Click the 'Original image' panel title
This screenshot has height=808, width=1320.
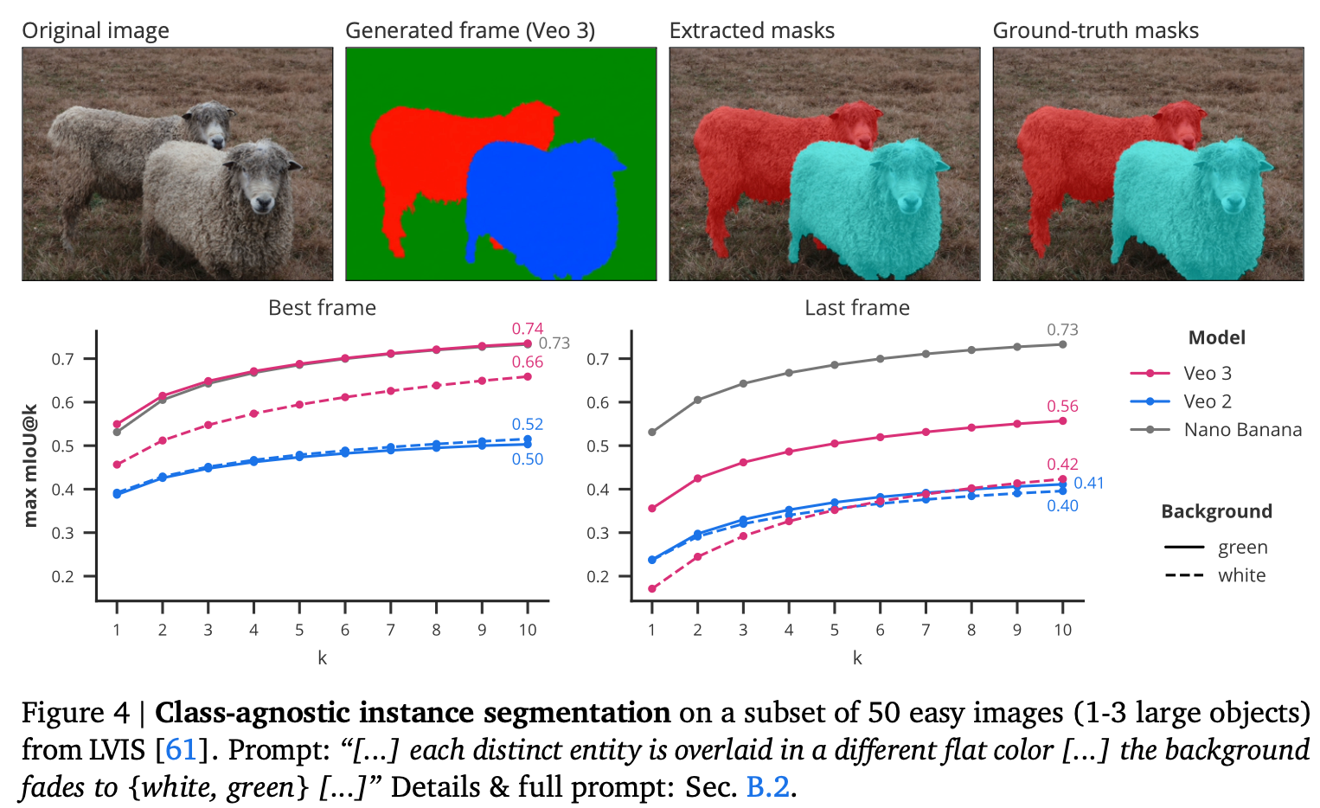click(95, 31)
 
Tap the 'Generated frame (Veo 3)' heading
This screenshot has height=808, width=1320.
click(470, 31)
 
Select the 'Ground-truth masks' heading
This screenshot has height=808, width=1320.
click(1095, 31)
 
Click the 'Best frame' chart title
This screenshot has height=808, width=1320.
click(322, 308)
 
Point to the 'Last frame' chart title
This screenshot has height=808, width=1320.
click(856, 308)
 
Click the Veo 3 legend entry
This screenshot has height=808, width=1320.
click(1207, 373)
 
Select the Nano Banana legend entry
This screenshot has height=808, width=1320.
click(1242, 430)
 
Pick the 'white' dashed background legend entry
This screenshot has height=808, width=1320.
click(1241, 575)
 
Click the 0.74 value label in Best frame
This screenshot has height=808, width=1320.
click(527, 329)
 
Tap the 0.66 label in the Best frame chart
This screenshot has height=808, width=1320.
click(527, 362)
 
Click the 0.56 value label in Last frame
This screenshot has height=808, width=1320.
click(1062, 406)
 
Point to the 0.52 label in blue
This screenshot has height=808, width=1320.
click(527, 424)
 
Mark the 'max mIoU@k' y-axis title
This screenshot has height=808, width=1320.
click(31, 465)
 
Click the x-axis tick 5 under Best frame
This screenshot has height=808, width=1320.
click(299, 630)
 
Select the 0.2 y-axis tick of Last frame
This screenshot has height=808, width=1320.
click(598, 576)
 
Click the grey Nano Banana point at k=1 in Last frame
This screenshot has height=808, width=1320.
click(652, 432)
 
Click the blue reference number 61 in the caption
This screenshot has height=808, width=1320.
click(181, 749)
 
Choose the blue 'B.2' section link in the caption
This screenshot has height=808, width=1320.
click(768, 787)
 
